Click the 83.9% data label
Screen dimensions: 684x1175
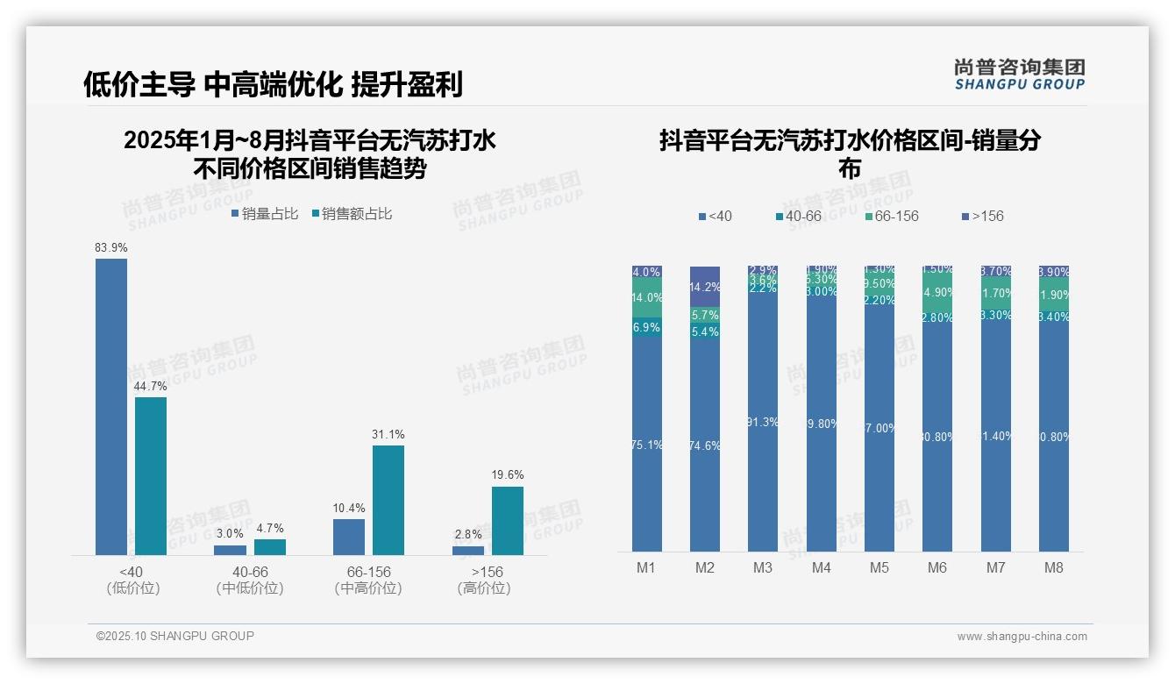click(x=110, y=248)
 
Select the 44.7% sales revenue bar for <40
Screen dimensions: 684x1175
click(x=151, y=475)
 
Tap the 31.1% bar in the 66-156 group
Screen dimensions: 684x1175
click(x=388, y=500)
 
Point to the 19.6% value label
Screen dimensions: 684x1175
click(x=508, y=475)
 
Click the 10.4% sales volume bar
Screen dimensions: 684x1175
click(x=349, y=537)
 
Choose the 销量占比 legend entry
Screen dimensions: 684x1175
click(x=265, y=214)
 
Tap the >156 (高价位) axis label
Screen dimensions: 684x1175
click(x=484, y=580)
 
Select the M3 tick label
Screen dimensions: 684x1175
click(x=763, y=567)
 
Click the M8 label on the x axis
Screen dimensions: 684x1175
click(x=1054, y=567)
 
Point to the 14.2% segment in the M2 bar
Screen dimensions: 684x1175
click(x=705, y=287)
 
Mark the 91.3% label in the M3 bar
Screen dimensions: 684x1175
click(x=763, y=422)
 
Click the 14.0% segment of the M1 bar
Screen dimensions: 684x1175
click(x=647, y=298)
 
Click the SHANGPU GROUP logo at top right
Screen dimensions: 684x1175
click(x=1019, y=75)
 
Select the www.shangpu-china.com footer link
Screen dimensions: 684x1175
click(x=1022, y=637)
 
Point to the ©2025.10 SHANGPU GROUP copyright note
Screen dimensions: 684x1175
click(x=175, y=636)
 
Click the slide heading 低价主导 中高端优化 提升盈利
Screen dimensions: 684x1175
click(x=273, y=84)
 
